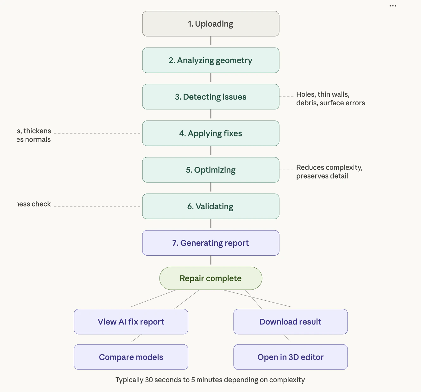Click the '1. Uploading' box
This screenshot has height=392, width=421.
click(211, 24)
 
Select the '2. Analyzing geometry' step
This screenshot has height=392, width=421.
click(211, 60)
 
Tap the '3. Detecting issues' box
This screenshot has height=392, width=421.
click(211, 97)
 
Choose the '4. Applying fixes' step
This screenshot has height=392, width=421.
click(211, 133)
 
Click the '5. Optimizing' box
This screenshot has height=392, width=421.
click(211, 170)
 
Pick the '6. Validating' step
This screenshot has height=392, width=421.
click(211, 206)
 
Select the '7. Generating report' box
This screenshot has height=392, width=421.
click(211, 243)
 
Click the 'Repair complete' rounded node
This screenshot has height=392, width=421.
click(211, 278)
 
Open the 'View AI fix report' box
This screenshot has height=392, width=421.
click(131, 322)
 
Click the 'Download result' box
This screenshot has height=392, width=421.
click(291, 322)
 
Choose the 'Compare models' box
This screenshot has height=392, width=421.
click(131, 357)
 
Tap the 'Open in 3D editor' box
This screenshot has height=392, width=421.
click(291, 357)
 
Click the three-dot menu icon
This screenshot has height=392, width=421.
click(393, 6)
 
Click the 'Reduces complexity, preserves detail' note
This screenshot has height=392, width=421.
click(329, 172)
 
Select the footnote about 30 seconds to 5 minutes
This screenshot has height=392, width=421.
click(210, 380)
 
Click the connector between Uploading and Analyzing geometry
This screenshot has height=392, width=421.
click(211, 41)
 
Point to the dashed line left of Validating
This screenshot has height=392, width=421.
click(97, 206)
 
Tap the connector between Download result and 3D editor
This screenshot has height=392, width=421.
click(287, 338)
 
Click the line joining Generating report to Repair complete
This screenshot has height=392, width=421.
click(211, 260)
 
